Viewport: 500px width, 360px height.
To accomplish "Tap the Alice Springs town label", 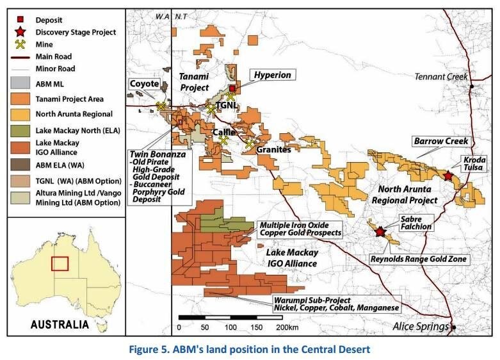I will (x=421, y=326).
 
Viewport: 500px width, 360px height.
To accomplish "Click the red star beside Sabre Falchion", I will (x=381, y=232).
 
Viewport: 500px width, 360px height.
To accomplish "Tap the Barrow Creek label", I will (x=441, y=141).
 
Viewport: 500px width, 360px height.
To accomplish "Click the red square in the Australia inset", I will (x=60, y=263).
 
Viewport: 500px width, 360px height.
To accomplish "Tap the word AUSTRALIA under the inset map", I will (x=60, y=324).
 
